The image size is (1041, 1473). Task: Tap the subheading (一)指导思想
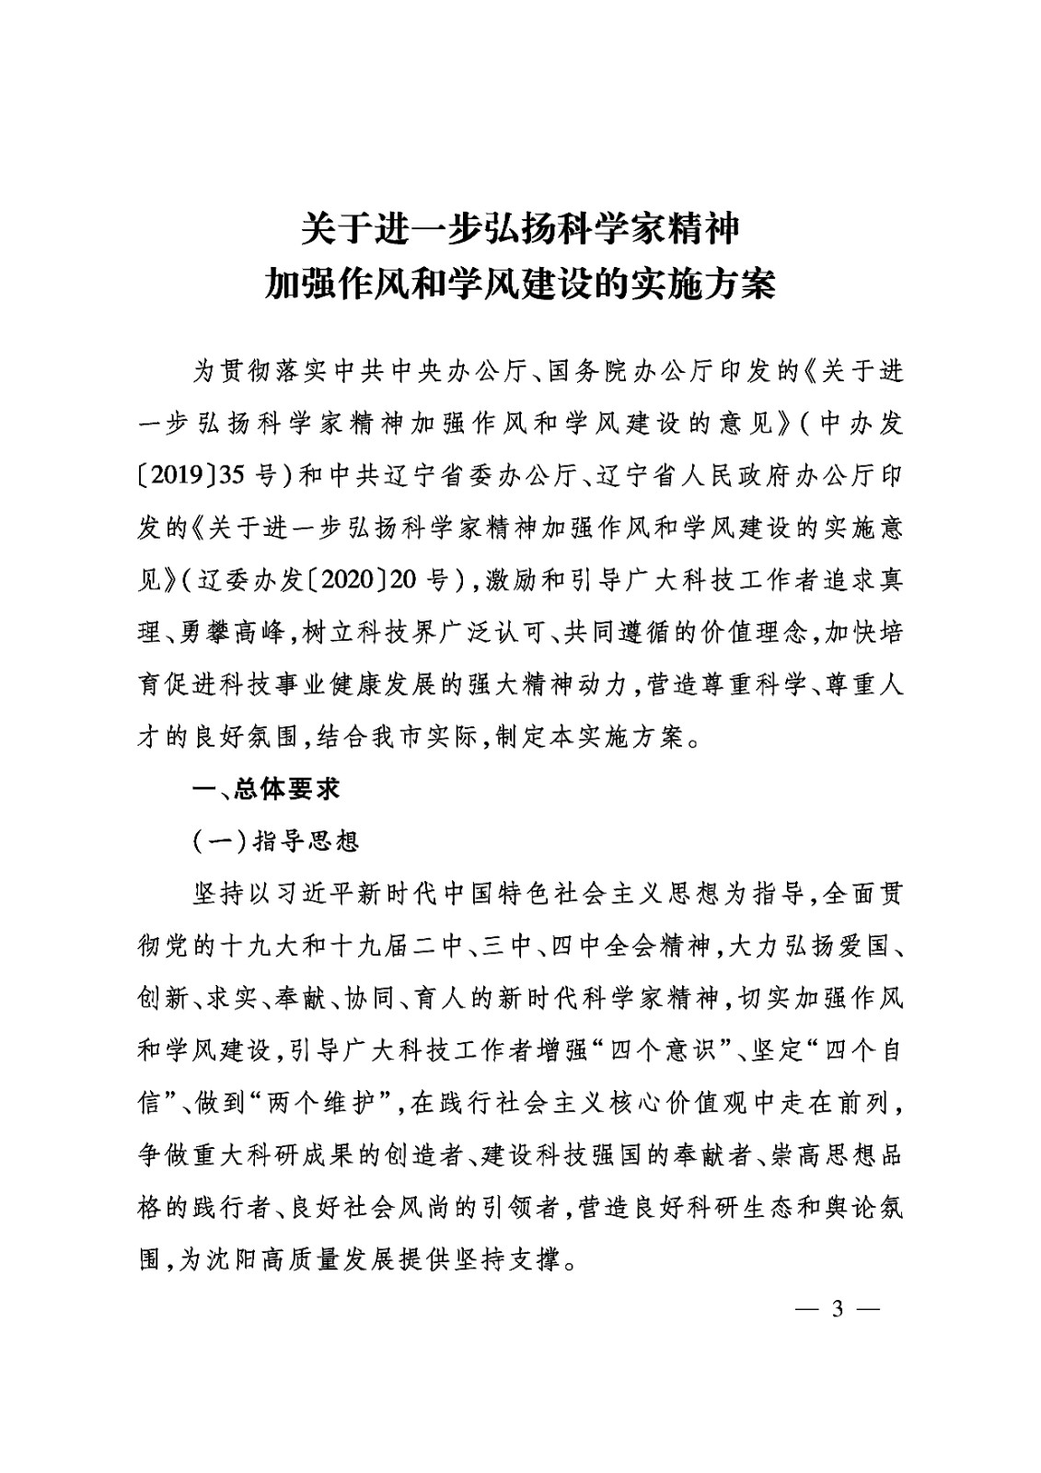coord(275,841)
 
